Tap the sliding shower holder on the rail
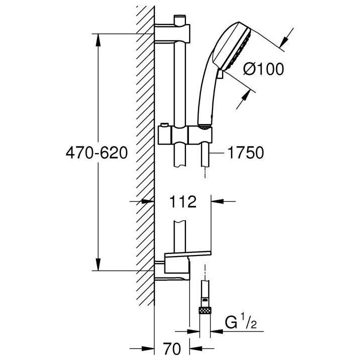point(185,134)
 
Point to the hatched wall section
point(144,150)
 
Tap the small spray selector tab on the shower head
point(219,74)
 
